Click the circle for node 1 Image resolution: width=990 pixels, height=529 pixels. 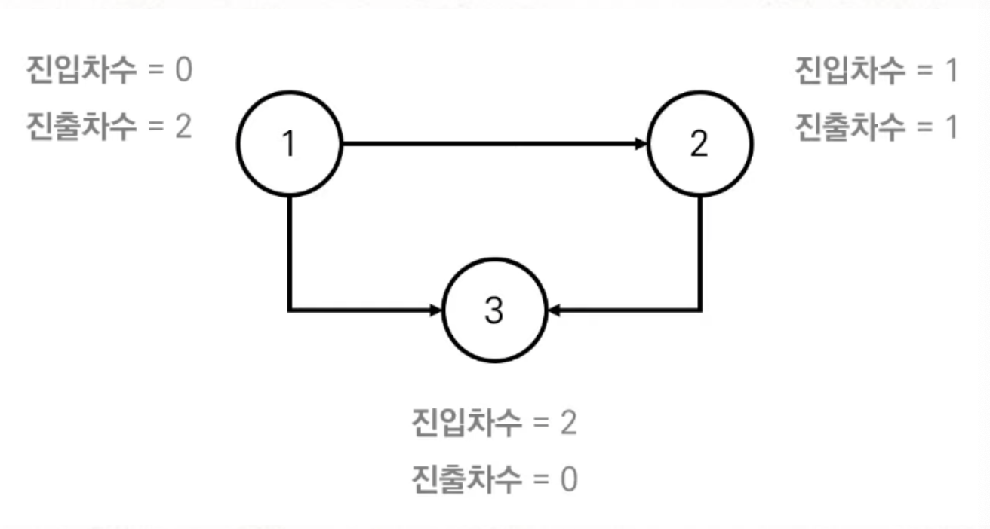pyautogui.click(x=290, y=143)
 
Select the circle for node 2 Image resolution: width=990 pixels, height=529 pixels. pyautogui.click(x=700, y=143)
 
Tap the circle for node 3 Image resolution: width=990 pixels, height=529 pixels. pyautogui.click(x=494, y=310)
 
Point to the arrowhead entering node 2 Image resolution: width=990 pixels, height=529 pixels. pyautogui.click(x=641, y=143)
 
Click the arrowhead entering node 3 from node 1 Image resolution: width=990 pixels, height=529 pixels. pyautogui.click(x=436, y=310)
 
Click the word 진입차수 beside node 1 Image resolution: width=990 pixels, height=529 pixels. pyautogui.click(x=81, y=70)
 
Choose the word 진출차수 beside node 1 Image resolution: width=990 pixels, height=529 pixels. pyautogui.click(x=81, y=125)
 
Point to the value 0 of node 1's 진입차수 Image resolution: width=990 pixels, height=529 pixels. pyautogui.click(x=183, y=70)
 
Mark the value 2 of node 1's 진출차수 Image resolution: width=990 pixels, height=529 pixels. pyautogui.click(x=183, y=125)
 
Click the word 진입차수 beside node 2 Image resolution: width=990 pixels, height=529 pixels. pyautogui.click(x=849, y=70)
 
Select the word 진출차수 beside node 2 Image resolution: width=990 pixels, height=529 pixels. pyautogui.click(x=849, y=125)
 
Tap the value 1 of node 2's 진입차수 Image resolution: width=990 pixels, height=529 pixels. pyautogui.click(x=950, y=70)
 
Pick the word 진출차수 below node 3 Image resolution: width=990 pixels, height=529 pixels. pyautogui.click(x=466, y=478)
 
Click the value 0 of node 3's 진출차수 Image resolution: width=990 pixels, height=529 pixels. pyautogui.click(x=568, y=478)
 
